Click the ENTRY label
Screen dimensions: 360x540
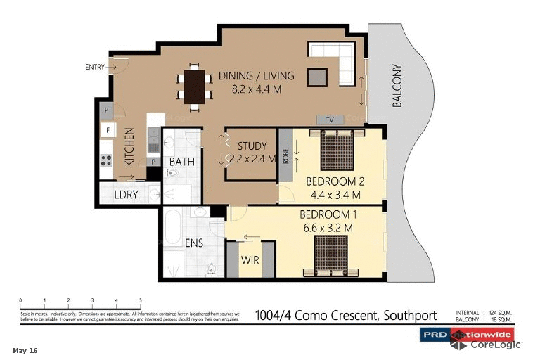click(x=95, y=67)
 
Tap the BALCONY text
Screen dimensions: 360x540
click(x=397, y=86)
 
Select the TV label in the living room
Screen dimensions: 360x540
click(x=330, y=120)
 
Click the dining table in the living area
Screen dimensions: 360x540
click(x=194, y=85)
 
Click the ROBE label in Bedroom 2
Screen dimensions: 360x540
click(x=285, y=155)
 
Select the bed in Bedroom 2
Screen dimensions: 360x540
click(x=337, y=150)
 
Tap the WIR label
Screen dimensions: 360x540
click(x=250, y=259)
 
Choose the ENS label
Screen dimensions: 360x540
click(x=194, y=243)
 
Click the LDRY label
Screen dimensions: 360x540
click(x=127, y=194)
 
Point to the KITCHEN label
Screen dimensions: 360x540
click(x=129, y=146)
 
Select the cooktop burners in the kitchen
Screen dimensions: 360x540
click(x=107, y=160)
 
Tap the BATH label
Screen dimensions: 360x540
click(x=181, y=162)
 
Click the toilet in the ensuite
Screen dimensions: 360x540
click(x=211, y=268)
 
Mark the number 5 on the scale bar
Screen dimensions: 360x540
click(x=140, y=300)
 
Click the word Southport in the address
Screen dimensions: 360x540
click(x=409, y=316)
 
